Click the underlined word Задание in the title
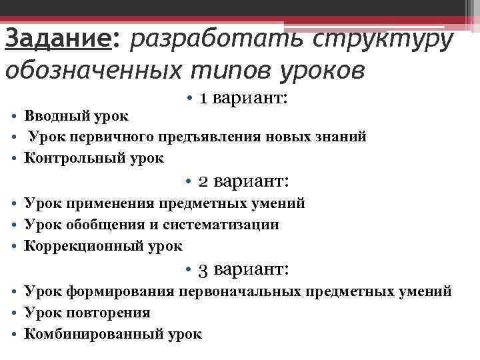click(56, 39)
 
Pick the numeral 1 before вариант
click(205, 99)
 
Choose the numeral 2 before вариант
click(205, 181)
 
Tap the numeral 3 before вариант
click(205, 269)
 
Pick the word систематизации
click(221, 225)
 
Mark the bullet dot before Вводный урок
click(13, 116)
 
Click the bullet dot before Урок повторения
click(13, 313)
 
